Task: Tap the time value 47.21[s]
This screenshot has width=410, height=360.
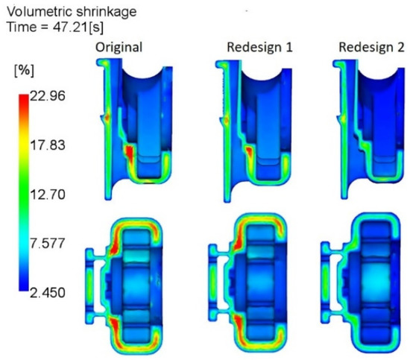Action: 78,27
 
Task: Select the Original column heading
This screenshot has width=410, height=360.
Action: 119,48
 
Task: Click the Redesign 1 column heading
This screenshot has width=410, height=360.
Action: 259,47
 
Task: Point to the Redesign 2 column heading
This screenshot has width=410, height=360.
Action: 371,47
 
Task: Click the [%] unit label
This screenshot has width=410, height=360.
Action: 24,70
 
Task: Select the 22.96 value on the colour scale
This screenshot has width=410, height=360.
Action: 47,96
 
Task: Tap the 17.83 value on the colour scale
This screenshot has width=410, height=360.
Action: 47,145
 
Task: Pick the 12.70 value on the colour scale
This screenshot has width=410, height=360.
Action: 47,195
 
